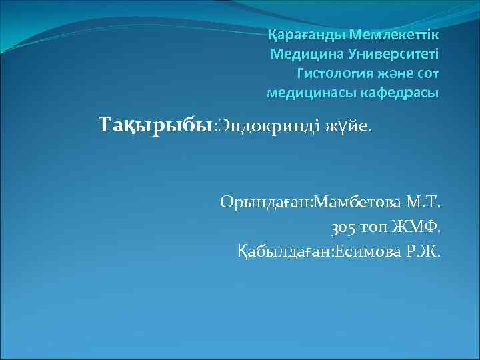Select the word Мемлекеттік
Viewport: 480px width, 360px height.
[x=395, y=33]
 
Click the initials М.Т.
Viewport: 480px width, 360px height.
[x=424, y=202]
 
